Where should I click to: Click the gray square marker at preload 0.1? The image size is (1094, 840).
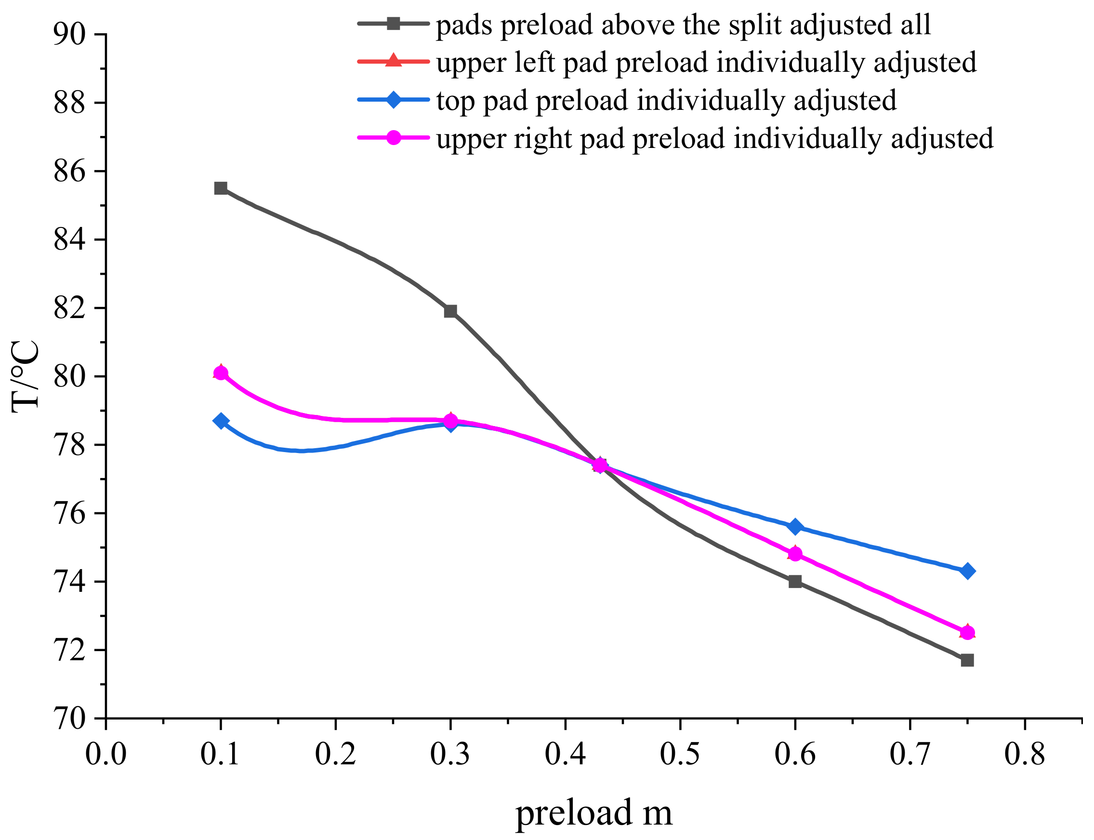[x=221, y=188]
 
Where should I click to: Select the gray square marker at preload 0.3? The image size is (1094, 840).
[x=450, y=311]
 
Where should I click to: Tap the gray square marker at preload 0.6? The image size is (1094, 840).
[x=795, y=582]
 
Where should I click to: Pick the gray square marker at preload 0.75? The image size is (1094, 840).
[x=967, y=661]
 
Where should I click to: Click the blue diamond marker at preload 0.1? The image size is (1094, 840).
[x=221, y=421]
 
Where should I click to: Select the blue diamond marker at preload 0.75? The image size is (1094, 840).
[x=967, y=571]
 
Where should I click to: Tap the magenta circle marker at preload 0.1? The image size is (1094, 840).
[x=221, y=373]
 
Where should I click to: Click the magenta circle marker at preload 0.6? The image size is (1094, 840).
[x=795, y=554]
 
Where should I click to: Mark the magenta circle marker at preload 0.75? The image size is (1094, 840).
[x=967, y=632]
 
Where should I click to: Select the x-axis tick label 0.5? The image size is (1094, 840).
[x=680, y=754]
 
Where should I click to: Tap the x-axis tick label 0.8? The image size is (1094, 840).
[x=1025, y=754]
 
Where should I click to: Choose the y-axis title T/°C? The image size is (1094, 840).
[x=25, y=376]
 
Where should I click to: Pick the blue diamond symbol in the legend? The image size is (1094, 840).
[x=393, y=99]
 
